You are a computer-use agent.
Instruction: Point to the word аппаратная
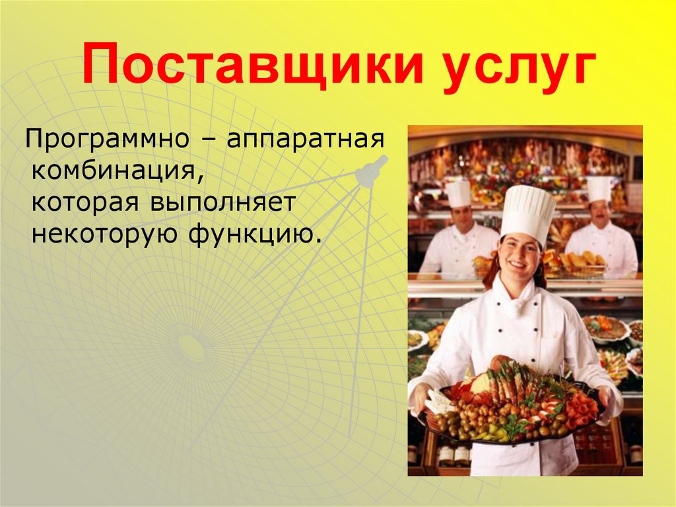click(x=306, y=141)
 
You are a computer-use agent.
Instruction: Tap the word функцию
click(x=252, y=233)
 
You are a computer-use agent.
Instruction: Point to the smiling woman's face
click(x=520, y=254)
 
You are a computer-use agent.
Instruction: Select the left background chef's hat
click(x=458, y=192)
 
